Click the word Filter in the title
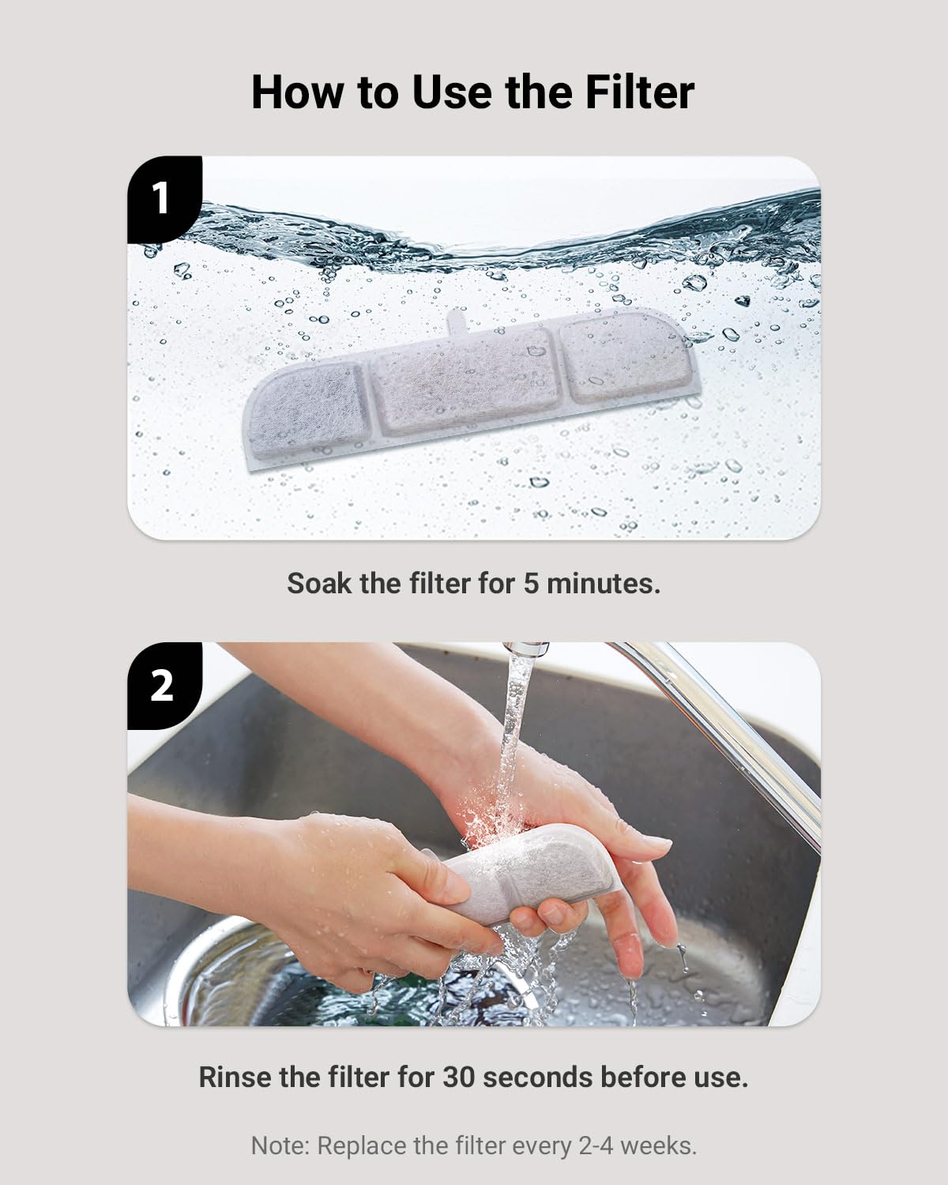(x=640, y=92)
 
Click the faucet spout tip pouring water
(x=522, y=652)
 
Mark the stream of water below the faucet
(x=513, y=727)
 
